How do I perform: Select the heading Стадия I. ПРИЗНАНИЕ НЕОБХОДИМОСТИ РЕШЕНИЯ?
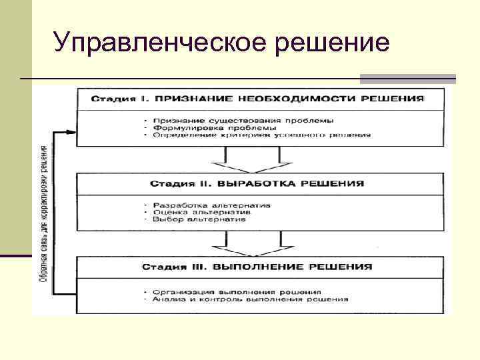[257, 98]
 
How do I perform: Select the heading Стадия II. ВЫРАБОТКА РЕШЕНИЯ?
[257, 183]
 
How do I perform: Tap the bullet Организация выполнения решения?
[237, 292]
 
